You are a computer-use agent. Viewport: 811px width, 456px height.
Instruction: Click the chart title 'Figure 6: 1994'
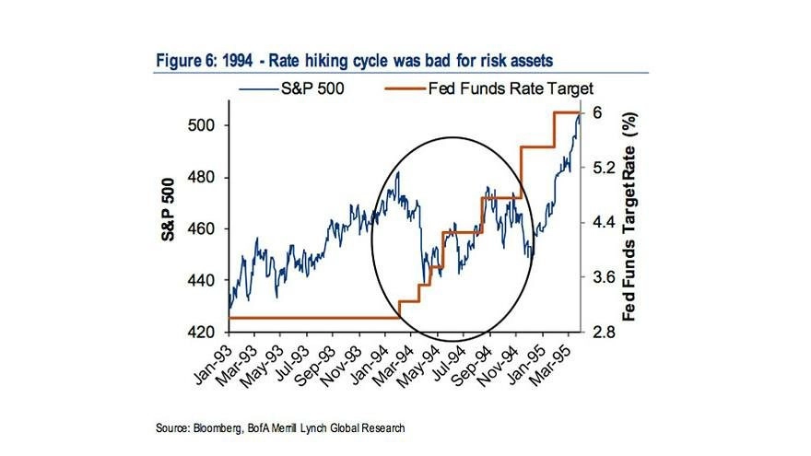205,61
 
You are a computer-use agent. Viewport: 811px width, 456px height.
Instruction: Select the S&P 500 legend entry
291,89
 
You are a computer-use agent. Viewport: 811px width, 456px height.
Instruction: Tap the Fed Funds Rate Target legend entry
489,89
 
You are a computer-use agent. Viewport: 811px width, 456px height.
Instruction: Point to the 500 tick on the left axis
200,125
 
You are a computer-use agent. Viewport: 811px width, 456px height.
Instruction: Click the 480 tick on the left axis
200,177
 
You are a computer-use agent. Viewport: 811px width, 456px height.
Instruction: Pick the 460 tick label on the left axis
200,228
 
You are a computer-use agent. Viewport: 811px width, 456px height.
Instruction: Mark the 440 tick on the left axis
200,280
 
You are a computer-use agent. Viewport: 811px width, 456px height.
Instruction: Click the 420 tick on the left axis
200,332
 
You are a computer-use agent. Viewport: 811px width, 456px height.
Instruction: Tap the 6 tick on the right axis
597,112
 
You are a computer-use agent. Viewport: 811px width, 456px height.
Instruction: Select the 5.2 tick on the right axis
604,168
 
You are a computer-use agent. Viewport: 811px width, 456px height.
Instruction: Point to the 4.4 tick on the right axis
604,222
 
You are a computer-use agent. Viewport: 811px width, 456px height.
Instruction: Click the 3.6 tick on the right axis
604,277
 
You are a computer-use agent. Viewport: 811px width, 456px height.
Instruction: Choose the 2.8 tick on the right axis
604,332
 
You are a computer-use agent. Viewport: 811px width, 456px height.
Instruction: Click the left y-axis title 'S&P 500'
168,209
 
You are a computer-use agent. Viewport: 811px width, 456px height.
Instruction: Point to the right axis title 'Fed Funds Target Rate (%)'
629,216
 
